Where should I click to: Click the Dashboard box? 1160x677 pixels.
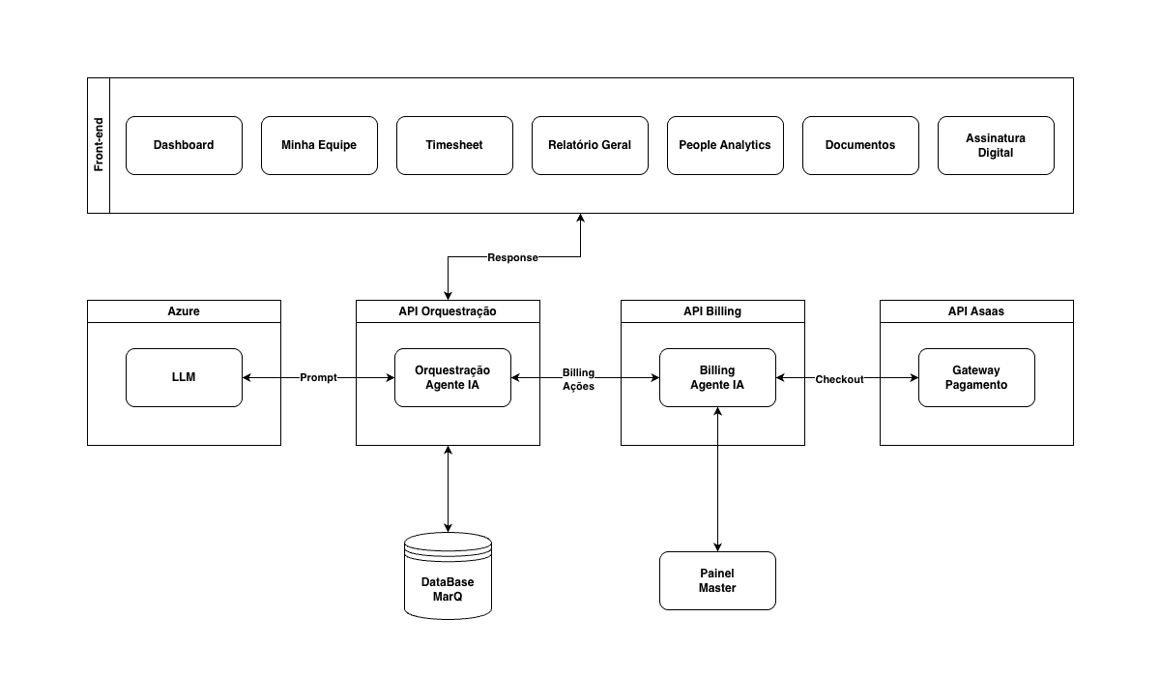(184, 145)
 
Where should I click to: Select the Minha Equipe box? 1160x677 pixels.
(319, 145)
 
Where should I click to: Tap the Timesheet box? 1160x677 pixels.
(454, 145)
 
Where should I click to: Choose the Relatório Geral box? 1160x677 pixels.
(590, 145)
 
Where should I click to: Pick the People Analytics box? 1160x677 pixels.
(725, 145)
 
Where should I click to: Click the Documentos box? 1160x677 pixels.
(860, 145)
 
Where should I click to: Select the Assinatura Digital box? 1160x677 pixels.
(996, 145)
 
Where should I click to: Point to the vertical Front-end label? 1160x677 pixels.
(99, 144)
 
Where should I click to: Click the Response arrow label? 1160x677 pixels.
(512, 257)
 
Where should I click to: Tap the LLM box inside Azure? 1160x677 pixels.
(184, 377)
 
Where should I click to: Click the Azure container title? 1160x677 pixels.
(184, 311)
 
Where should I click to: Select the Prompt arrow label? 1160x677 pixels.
(318, 377)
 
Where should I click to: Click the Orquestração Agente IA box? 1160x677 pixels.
(452, 377)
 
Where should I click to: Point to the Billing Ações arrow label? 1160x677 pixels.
(578, 379)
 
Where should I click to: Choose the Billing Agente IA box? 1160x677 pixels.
(717, 377)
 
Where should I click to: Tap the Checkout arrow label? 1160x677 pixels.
(839, 379)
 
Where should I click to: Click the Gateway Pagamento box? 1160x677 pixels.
(976, 377)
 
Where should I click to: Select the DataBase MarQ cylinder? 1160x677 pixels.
(448, 576)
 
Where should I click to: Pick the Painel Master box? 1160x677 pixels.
(717, 580)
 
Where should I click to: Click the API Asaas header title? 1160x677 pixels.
(976, 311)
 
